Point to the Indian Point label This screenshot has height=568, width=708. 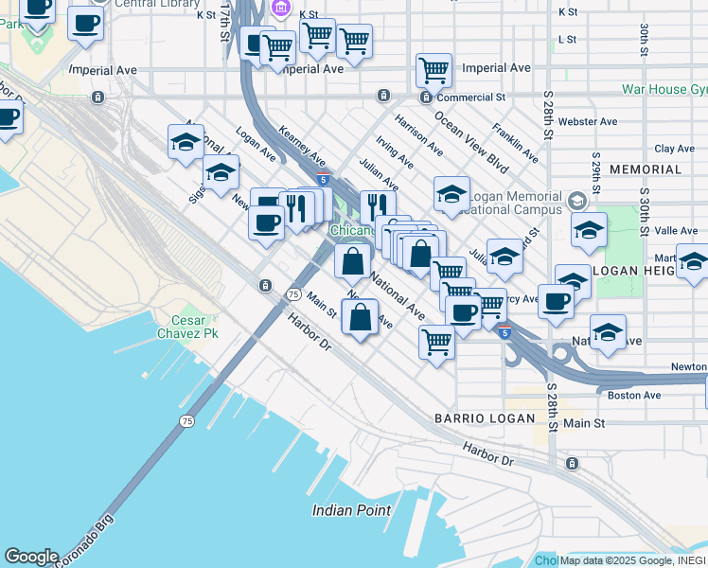click(352, 510)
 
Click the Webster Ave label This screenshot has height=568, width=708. click(588, 121)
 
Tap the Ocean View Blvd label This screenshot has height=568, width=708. click(471, 141)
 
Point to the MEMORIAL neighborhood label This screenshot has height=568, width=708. click(646, 169)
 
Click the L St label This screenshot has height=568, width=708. click(568, 39)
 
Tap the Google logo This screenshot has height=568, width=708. click(31, 557)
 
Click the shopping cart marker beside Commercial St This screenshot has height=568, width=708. click(434, 69)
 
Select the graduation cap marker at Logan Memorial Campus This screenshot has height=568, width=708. click(452, 194)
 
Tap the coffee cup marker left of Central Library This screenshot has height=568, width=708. click(85, 23)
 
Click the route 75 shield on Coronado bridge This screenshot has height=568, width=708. click(186, 420)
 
